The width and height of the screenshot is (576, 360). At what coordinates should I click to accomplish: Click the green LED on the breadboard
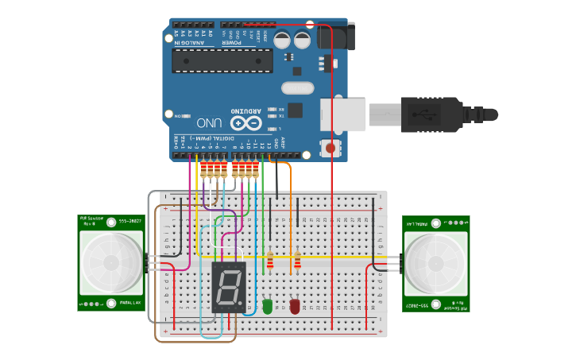pyautogui.click(x=268, y=305)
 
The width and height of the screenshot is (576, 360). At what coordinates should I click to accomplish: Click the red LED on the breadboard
pyautogui.click(x=295, y=305)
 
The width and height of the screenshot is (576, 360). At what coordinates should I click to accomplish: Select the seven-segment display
pyautogui.click(x=229, y=287)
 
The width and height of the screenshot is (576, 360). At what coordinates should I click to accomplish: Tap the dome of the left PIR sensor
pyautogui.click(x=111, y=262)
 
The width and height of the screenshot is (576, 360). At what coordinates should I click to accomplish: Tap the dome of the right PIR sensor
pyautogui.click(x=435, y=262)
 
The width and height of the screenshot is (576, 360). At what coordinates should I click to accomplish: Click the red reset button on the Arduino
pyautogui.click(x=330, y=148)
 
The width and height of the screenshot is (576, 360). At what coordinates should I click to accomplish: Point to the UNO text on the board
pyautogui.click(x=208, y=123)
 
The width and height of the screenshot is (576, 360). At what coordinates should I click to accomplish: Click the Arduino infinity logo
pyautogui.click(x=246, y=122)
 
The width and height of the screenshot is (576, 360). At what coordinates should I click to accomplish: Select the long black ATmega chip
pyautogui.click(x=222, y=60)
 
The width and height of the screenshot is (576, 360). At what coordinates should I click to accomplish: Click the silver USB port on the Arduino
pyautogui.click(x=343, y=115)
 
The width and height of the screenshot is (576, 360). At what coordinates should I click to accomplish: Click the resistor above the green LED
pyautogui.click(x=270, y=261)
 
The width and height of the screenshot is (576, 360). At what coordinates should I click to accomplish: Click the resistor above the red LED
pyautogui.click(x=298, y=261)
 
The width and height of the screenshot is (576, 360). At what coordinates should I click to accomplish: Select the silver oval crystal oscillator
pyautogui.click(x=297, y=88)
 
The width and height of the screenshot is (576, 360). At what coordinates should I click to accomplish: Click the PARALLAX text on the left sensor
pyautogui.click(x=132, y=303)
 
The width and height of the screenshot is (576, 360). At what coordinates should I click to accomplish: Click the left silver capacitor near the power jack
pyautogui.click(x=282, y=40)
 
